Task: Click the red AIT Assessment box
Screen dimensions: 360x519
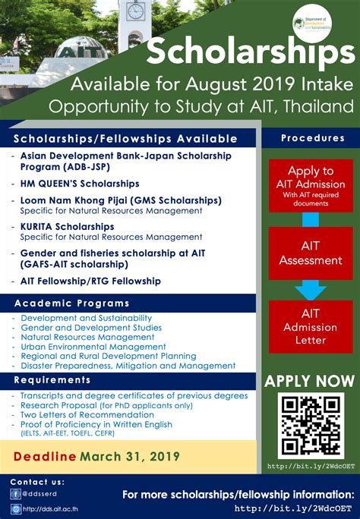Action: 310,253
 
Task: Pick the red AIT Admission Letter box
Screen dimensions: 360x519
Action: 310,326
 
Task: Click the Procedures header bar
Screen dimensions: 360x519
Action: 312,138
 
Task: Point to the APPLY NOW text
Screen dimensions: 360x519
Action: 309,380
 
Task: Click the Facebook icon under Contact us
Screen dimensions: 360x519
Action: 16,492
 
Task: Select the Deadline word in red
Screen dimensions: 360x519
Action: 45,457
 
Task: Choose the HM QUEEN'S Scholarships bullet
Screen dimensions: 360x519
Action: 80,184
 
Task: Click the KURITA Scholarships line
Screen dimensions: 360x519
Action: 67,226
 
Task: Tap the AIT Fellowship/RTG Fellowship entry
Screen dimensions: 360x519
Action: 90,281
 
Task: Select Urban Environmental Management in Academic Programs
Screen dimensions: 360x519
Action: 83,347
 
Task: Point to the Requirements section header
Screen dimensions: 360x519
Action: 52,379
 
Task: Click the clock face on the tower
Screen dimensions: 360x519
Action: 137,11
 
